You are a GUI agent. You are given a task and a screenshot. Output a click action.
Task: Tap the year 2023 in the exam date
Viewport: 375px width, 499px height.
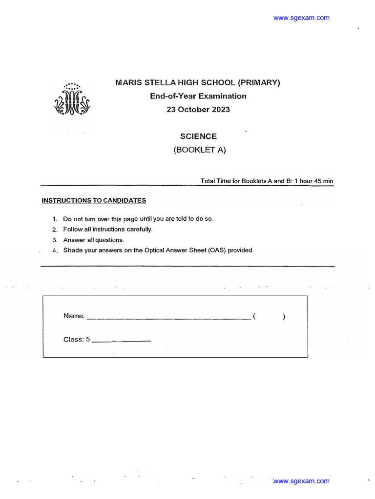pyautogui.click(x=221, y=110)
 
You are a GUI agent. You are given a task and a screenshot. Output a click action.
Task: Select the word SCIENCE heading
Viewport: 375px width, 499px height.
pyautogui.click(x=198, y=137)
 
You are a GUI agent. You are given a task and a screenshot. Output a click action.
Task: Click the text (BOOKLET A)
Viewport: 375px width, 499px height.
pyautogui.click(x=200, y=151)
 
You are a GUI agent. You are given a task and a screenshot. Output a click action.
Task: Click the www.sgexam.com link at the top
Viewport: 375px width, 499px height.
pyautogui.click(x=301, y=18)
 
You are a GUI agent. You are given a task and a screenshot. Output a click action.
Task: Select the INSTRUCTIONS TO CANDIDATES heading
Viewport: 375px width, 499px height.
pyautogui.click(x=94, y=200)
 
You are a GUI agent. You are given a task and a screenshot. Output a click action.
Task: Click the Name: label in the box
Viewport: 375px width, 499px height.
pyautogui.click(x=74, y=316)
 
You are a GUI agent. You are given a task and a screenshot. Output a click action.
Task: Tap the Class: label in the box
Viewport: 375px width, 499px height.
pyautogui.click(x=74, y=340)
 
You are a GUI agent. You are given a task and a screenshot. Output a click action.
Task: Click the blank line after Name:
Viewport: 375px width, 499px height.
pyautogui.click(x=168, y=319)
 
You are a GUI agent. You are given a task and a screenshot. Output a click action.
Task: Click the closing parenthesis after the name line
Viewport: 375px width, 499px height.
pyautogui.click(x=284, y=317)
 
